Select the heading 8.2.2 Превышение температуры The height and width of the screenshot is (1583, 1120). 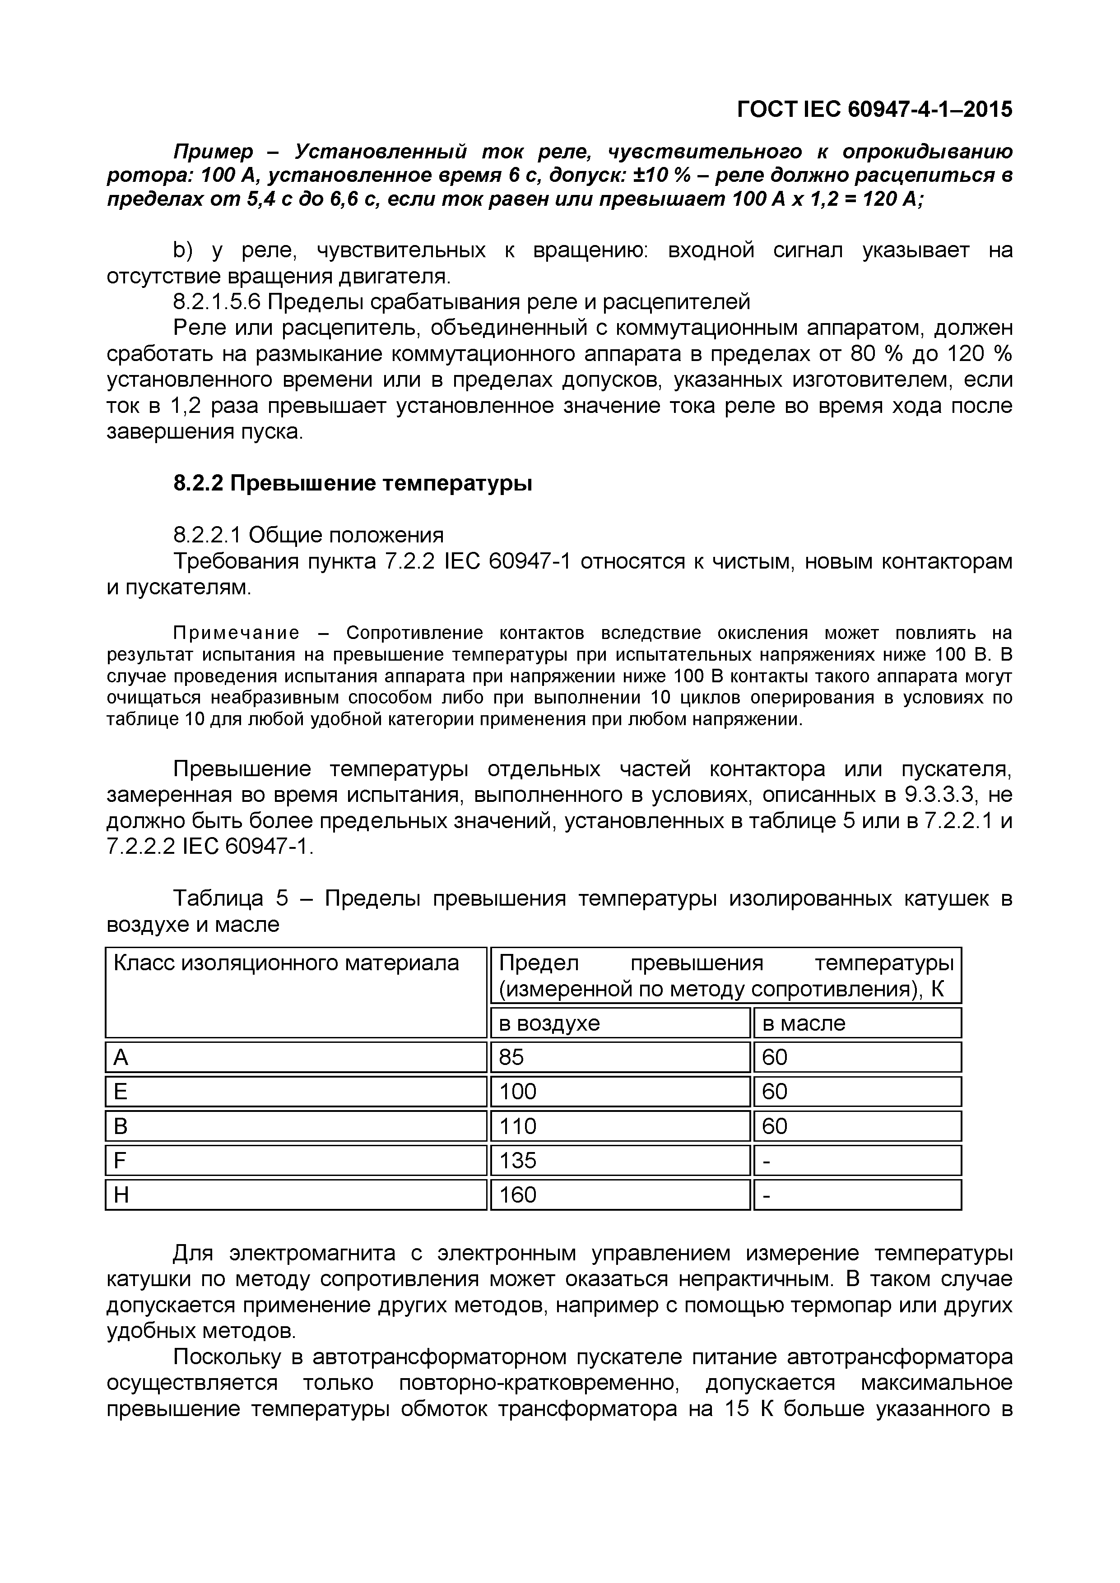point(353,484)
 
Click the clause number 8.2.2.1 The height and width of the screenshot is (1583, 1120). point(207,535)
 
